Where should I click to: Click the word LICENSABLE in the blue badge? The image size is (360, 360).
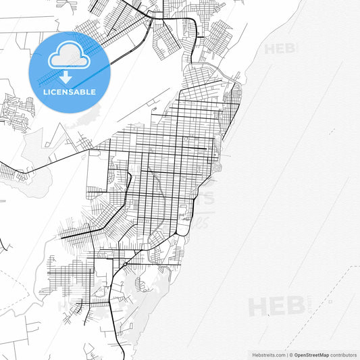(x=70, y=92)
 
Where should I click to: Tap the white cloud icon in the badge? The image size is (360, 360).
(x=70, y=57)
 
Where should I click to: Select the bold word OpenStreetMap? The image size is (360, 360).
(x=311, y=355)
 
